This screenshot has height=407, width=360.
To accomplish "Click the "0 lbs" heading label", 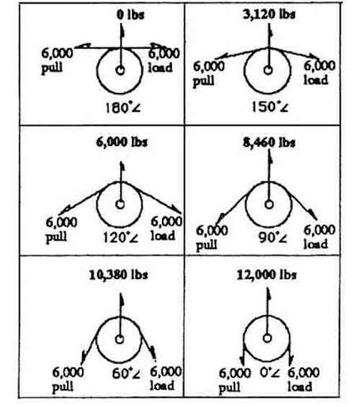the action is (130, 15).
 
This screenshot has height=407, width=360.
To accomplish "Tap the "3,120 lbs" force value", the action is (269, 14).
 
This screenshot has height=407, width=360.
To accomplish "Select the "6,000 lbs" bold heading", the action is (122, 142).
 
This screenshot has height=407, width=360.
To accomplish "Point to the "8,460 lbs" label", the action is (269, 143).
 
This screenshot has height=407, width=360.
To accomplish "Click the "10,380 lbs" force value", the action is (118, 275).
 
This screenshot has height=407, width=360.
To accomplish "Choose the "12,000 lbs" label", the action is (267, 275).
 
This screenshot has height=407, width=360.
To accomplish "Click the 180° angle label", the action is (122, 108).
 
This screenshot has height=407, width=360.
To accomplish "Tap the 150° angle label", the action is (270, 107).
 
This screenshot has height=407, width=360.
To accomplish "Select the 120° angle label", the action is (121, 237).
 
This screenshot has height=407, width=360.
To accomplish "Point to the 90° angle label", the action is (272, 238).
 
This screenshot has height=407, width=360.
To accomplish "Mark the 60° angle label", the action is (126, 373).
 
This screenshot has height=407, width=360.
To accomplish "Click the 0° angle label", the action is (270, 372).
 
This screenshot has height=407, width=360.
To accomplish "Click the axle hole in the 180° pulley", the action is (120, 70).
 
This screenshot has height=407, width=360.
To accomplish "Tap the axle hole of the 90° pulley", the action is (268, 204).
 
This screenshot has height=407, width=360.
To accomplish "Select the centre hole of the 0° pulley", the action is (268, 338).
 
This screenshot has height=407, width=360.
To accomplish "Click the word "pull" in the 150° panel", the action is (204, 81).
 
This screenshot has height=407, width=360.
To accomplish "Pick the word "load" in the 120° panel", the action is (163, 236).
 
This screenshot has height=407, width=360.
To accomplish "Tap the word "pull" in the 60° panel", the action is (62, 387).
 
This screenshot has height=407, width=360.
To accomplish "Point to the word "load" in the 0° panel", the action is (300, 386).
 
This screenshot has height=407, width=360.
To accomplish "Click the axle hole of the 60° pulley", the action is (120, 339).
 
